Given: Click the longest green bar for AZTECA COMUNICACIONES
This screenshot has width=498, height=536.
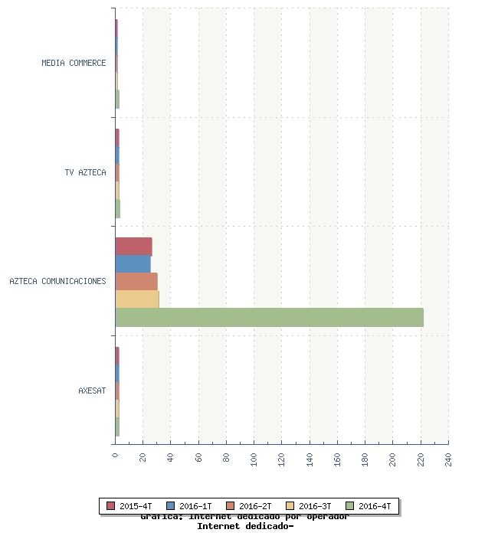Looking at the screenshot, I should tap(269, 317).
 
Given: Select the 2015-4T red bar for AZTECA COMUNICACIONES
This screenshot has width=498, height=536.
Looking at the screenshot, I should tap(133, 247).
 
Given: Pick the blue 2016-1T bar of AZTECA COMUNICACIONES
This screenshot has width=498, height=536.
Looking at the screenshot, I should tap(133, 264).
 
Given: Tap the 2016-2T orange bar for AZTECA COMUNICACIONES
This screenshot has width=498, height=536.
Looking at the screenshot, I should tap(136, 282).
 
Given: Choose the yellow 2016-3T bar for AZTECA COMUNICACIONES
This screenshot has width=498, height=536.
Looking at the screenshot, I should tap(136, 299).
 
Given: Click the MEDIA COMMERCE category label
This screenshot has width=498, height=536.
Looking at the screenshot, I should tap(74, 63).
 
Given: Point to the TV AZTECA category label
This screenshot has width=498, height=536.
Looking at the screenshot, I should tap(85, 172).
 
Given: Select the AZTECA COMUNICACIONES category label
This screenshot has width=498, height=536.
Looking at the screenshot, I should tap(57, 281).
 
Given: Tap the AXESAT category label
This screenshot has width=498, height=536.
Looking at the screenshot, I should tap(92, 391).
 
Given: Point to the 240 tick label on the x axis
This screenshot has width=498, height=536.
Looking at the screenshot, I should tap(448, 459).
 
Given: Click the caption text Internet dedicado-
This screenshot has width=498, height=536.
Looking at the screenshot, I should tap(245, 526).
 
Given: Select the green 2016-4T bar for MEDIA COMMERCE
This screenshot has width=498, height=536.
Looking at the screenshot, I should tap(117, 99).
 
